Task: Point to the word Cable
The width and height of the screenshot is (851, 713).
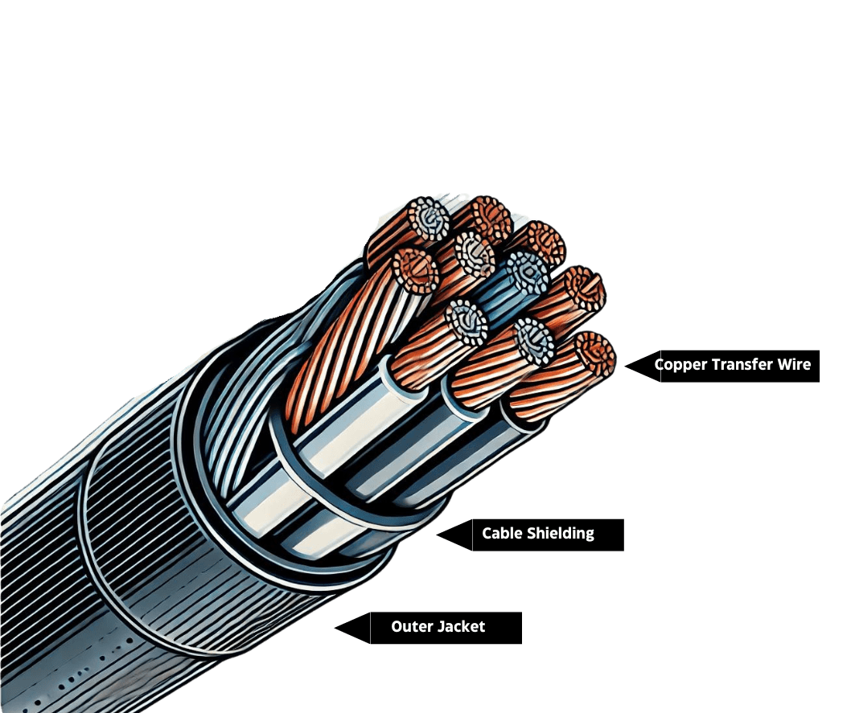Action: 501,533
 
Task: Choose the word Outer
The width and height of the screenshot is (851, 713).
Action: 410,626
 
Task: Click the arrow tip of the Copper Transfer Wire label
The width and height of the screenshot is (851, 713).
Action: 626,366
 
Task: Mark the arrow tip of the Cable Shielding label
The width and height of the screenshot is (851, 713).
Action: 438,534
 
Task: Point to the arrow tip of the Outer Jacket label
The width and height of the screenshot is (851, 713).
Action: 335,627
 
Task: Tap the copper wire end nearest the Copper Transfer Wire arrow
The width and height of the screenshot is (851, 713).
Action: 595,355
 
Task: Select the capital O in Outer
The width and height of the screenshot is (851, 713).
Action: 397,626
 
